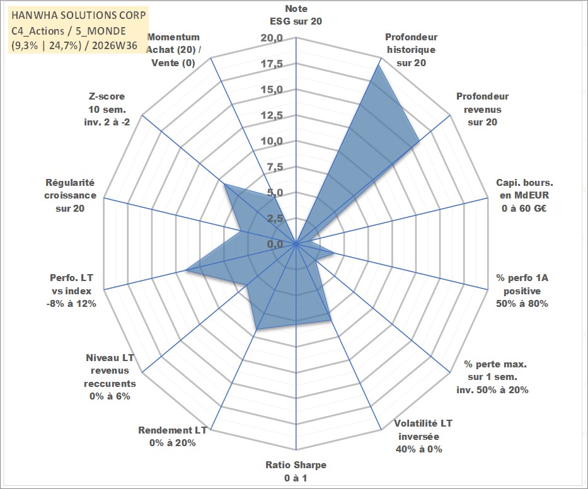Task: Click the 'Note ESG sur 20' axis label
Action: pos(296,15)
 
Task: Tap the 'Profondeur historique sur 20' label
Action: pos(412,50)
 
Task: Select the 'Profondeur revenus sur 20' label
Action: pos(482,109)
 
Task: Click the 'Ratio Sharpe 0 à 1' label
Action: pos(296,471)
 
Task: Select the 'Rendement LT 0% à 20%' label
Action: pos(173,437)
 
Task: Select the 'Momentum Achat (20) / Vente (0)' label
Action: pos(173,50)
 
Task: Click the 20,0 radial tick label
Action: pos(272,38)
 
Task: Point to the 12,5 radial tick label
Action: pos(272,115)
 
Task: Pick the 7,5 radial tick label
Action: pos(275,167)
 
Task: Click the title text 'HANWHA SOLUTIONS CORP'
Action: pos(79,15)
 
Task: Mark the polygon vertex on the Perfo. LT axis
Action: pos(187,270)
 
